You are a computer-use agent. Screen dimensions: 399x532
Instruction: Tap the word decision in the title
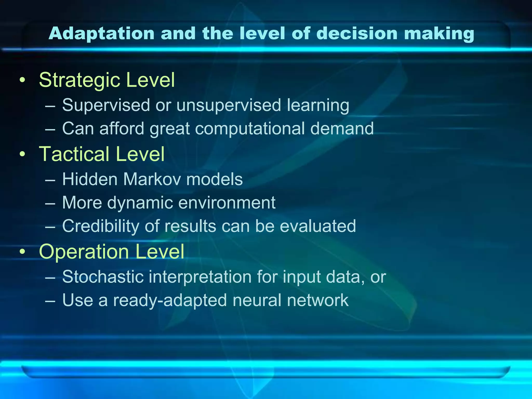coord(357,34)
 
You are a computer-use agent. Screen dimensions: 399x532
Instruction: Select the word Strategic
coord(79,80)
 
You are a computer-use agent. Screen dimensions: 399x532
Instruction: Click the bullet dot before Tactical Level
coord(23,154)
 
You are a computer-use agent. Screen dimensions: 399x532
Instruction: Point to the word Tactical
coord(74,154)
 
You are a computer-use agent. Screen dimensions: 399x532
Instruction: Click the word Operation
coord(84,252)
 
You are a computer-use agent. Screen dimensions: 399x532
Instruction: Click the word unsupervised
coord(229,105)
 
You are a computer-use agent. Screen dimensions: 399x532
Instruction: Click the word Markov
coord(152,179)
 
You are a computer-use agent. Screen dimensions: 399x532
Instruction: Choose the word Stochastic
coord(103,277)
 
